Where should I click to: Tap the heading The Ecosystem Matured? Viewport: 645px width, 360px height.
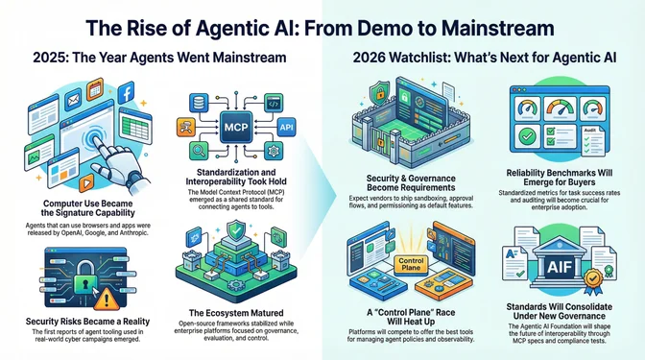pos(235,311)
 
